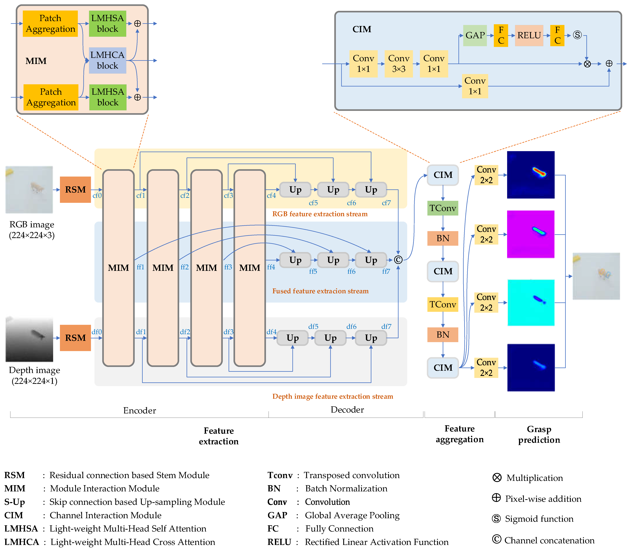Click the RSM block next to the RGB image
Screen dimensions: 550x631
pos(75,190)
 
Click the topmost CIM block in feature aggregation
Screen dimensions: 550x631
pos(442,175)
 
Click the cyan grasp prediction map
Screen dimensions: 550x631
pos(531,303)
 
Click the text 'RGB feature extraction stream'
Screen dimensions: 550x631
pos(320,214)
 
